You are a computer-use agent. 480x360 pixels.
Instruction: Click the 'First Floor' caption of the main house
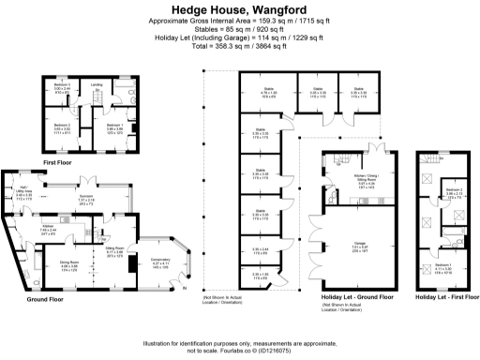pos(59,162)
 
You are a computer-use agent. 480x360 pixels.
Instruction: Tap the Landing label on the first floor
pos(96,84)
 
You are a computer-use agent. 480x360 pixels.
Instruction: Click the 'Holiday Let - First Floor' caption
pos(444,296)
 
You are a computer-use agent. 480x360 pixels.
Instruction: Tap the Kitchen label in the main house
pos(46,227)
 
